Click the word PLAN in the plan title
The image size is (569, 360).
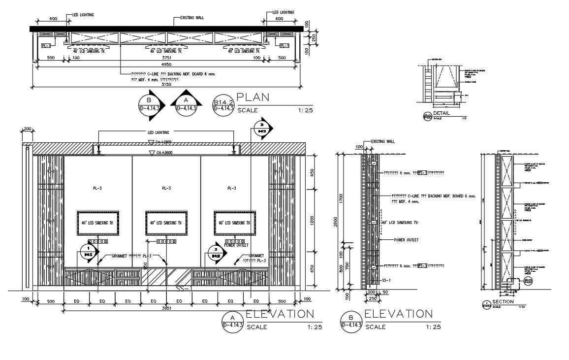[x=253, y=98]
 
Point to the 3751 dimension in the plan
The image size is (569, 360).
[x=168, y=58]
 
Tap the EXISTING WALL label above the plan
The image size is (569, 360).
[x=189, y=18]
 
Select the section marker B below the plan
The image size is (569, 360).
[x=150, y=105]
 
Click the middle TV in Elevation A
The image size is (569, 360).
[x=166, y=223]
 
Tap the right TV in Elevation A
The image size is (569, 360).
[x=235, y=223]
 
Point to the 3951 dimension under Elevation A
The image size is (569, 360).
[x=166, y=308]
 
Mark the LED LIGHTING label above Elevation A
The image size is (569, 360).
[x=158, y=132]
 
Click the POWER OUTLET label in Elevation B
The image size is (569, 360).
[x=406, y=240]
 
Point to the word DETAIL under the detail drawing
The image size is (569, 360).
[x=442, y=113]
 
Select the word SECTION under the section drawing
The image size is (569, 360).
[x=503, y=301]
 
